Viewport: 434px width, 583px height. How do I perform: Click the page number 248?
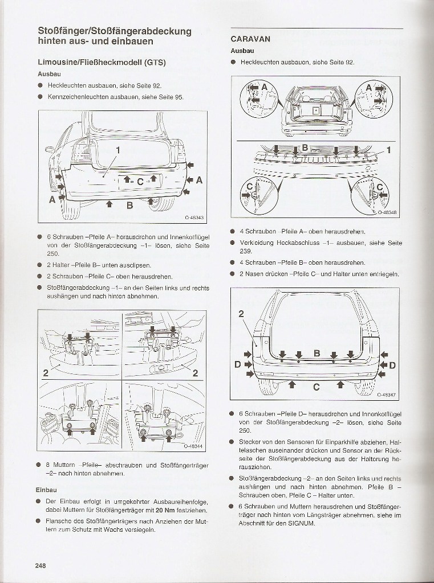39,565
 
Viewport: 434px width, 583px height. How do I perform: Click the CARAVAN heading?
250,39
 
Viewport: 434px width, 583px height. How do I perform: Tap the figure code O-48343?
194,217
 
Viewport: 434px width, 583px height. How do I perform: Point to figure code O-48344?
194,446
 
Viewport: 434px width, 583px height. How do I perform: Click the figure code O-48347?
387,393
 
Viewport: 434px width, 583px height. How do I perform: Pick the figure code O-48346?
387,212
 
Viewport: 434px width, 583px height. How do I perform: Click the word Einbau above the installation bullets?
47,490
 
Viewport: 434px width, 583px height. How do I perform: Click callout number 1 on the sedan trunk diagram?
118,149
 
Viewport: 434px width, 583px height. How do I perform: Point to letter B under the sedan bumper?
130,205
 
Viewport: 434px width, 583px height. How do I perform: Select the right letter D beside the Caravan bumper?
392,364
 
